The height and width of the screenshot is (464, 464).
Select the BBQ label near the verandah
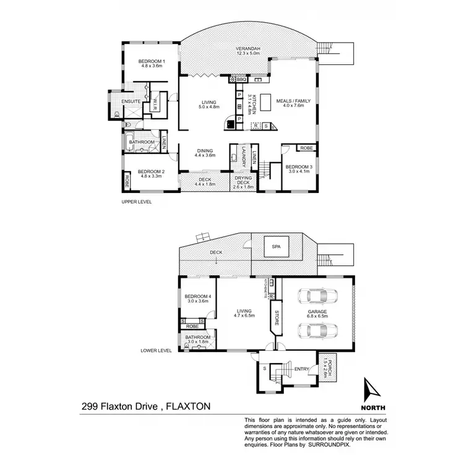tap(242, 80)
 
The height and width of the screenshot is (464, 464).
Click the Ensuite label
tap(131, 101)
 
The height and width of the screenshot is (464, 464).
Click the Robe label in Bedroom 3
tap(306, 148)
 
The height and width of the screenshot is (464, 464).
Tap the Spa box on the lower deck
tap(276, 247)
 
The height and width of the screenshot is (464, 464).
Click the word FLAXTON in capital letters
tap(189, 406)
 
